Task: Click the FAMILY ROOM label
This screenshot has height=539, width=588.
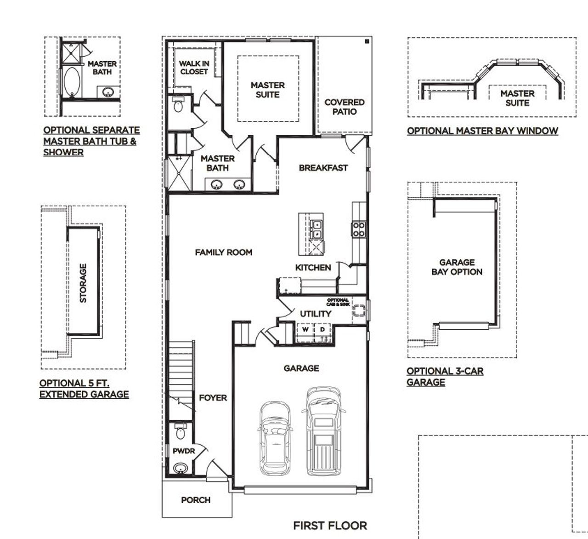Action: (223, 252)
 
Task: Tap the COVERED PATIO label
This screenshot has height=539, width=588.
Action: (344, 107)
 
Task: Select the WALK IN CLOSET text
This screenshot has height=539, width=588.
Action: (194, 68)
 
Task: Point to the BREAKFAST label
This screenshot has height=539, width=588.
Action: (323, 168)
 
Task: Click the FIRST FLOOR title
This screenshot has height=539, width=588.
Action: (330, 525)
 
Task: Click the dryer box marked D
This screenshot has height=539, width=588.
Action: (322, 329)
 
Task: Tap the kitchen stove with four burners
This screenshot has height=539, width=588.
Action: (358, 229)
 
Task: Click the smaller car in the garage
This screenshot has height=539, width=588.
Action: (276, 439)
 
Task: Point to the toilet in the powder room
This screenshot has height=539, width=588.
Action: (181, 432)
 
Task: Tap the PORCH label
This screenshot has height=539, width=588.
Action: (196, 500)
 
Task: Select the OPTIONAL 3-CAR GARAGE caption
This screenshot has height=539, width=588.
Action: (444, 377)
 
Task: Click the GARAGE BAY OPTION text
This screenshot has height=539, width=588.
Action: (457, 267)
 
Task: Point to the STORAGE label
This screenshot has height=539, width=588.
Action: (83, 283)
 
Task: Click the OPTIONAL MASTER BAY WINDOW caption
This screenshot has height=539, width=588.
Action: (482, 131)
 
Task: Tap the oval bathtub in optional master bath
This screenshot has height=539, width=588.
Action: (72, 82)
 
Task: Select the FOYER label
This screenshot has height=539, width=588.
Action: (213, 398)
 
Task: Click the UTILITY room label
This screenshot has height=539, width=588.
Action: (315, 314)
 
